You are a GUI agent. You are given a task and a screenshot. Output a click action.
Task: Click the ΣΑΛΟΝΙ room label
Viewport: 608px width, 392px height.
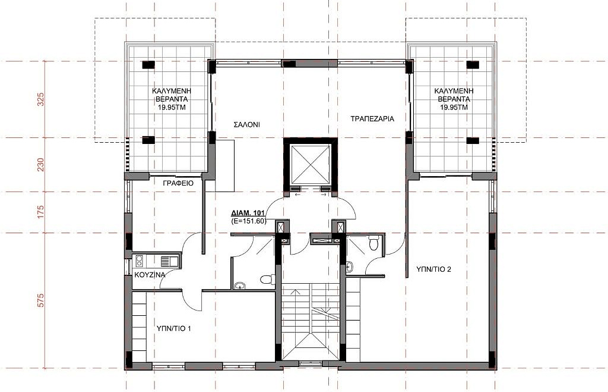coord(246,125)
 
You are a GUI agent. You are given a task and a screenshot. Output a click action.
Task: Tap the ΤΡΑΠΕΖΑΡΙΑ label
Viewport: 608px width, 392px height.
coord(372,119)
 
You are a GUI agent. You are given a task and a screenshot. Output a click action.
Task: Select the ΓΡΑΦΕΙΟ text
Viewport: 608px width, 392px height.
coord(179,183)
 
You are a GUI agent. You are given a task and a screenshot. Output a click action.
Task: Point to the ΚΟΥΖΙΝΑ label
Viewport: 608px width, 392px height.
coord(150,275)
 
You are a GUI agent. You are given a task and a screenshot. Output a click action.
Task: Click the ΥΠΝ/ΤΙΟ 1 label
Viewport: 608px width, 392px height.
coord(173,329)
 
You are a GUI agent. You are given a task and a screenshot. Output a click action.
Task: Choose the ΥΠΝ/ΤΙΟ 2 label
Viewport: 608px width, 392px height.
coord(433,269)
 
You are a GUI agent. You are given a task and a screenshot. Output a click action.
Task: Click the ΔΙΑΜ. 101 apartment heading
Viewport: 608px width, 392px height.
coord(248,213)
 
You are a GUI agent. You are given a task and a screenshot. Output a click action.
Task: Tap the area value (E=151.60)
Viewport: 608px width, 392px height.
coord(249,221)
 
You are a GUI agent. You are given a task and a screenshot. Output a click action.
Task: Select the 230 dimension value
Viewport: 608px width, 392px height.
coord(41,165)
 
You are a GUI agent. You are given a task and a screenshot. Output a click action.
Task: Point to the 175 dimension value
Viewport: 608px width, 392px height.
coord(41,212)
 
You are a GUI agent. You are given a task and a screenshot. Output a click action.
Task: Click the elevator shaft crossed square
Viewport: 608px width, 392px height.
coord(311,164)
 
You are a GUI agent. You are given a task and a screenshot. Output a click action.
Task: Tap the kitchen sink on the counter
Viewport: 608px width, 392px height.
coord(169,261)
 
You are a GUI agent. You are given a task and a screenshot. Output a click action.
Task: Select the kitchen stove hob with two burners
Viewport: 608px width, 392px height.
coord(140,261)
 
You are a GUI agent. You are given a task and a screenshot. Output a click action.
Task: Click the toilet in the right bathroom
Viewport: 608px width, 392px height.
coord(373,243)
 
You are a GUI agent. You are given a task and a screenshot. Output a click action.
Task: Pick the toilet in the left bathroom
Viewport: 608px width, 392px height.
coord(268,280)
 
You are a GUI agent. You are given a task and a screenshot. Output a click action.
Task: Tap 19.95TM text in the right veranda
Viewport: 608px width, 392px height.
coord(454,107)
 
